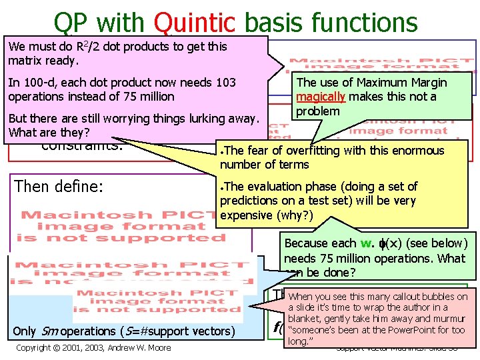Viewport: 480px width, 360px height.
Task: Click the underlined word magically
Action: tap(320, 97)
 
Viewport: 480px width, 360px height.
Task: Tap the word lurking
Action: tap(195, 119)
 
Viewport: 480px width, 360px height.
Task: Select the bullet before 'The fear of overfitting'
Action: tap(222, 151)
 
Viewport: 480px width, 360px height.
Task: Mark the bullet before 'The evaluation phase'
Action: tap(222, 187)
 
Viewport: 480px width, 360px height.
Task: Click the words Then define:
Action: tap(59, 186)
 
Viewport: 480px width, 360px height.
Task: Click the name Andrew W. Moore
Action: tap(138, 347)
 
